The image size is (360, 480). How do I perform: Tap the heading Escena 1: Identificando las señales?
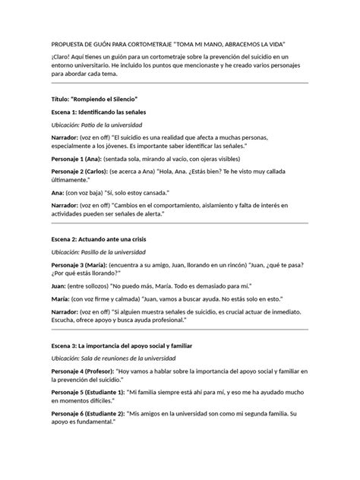99,112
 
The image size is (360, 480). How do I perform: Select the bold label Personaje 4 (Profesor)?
84,371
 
